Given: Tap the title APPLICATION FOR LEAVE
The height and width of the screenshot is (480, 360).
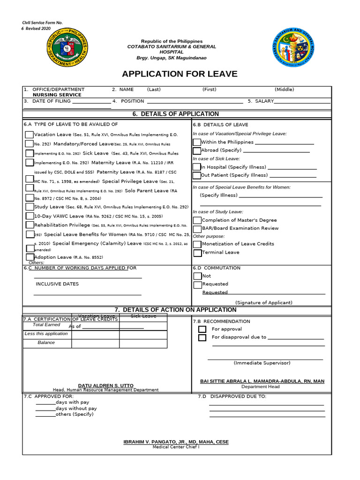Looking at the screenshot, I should pyautogui.click(x=180, y=74).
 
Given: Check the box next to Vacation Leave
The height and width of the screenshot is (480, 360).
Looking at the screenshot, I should pyautogui.click(x=29, y=135).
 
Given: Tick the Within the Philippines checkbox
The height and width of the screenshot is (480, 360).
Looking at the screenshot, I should pyautogui.click(x=197, y=142).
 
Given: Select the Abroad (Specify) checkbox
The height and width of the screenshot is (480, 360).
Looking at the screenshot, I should pyautogui.click(x=197, y=150).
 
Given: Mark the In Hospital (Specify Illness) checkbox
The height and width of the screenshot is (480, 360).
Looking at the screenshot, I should pyautogui.click(x=197, y=167).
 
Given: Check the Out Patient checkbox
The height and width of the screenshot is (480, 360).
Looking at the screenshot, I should pyautogui.click(x=197, y=175).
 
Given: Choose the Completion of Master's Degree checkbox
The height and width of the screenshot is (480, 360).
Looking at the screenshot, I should pyautogui.click(x=197, y=220).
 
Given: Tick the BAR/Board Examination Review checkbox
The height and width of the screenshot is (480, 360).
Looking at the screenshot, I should pyautogui.click(x=197, y=228).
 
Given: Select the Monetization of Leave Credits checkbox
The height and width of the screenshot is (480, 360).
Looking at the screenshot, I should pyautogui.click(x=197, y=244).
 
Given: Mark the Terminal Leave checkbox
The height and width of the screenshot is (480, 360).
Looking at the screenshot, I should pyautogui.click(x=197, y=253).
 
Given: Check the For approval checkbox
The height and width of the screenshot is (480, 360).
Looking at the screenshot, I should pyautogui.click(x=202, y=329).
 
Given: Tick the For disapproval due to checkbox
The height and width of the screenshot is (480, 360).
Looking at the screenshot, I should pyautogui.click(x=202, y=337).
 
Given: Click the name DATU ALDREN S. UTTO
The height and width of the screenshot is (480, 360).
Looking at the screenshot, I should pyautogui.click(x=105, y=385).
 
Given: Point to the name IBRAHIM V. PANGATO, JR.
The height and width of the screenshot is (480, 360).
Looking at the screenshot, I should pyautogui.click(x=176, y=442).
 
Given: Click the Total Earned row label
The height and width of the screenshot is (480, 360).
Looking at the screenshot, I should pyautogui.click(x=46, y=324).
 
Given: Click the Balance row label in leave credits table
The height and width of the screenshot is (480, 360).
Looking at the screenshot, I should pyautogui.click(x=46, y=343).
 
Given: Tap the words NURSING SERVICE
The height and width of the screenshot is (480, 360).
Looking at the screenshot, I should pyautogui.click(x=57, y=95).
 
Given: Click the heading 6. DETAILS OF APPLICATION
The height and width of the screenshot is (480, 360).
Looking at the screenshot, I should pyautogui.click(x=176, y=114).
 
